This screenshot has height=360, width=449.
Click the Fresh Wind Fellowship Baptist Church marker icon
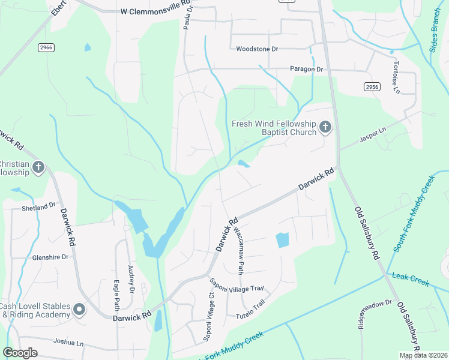point(325,126)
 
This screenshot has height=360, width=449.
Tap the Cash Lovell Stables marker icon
point(79,310)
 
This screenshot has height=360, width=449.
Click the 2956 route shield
point(372,87)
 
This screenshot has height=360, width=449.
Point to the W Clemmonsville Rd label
point(155,11)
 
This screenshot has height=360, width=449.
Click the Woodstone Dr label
point(258,49)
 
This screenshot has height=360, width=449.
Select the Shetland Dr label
point(38,206)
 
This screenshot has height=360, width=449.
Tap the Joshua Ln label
point(68,342)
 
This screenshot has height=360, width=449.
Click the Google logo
point(20,352)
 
